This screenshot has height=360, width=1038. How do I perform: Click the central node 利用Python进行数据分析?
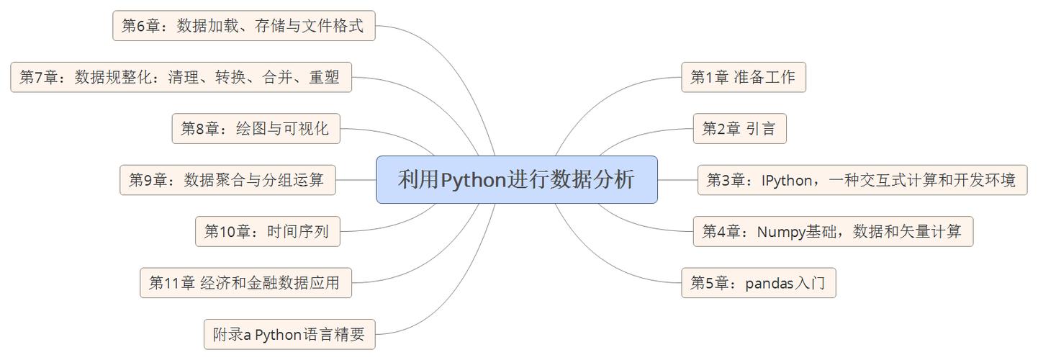pos(516,179)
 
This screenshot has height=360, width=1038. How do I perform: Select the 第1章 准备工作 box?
pos(743,77)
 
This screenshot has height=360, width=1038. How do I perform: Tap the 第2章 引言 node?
pos(739,129)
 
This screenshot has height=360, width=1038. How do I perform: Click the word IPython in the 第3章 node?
pos(787,180)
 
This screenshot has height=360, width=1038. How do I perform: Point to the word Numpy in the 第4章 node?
pos(781,232)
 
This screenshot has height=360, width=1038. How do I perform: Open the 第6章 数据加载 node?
pos(243,26)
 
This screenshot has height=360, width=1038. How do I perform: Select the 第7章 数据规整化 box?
pos(181,77)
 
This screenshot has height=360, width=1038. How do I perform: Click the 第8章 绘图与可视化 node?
pos(256,129)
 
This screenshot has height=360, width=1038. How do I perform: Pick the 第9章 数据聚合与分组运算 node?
pos(227,180)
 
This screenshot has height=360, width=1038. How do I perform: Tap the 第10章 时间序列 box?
pos(267,232)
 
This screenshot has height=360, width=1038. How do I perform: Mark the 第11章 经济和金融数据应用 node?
pos(245,283)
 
